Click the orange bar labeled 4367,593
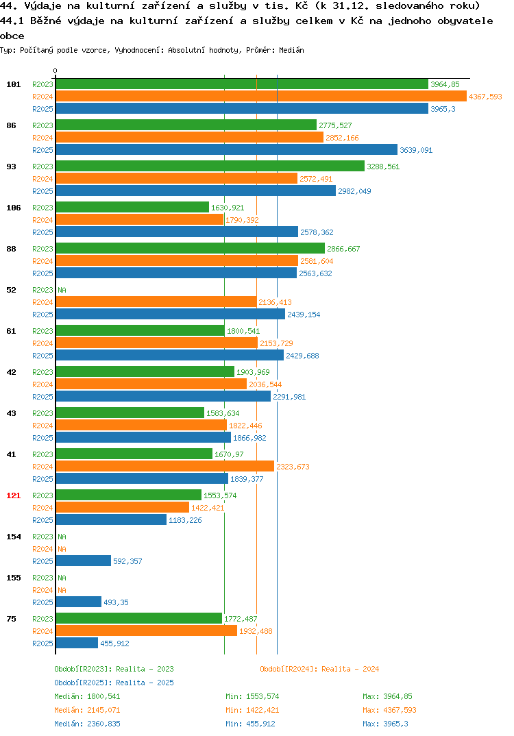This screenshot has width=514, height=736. (x=262, y=96)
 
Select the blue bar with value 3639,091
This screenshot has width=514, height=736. (x=227, y=149)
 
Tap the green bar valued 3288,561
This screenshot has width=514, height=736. (x=210, y=166)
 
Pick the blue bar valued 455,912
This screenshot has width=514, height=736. (x=77, y=643)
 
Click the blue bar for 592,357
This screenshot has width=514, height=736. (x=84, y=561)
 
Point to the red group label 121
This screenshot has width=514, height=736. (x=14, y=495)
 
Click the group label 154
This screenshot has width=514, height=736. (x=14, y=537)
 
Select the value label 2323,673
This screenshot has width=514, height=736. (x=293, y=467)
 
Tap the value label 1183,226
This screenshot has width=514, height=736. (x=186, y=520)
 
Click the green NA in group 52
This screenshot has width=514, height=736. (x=62, y=290)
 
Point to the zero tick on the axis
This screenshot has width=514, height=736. (x=56, y=71)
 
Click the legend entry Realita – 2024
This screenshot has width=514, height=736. (x=319, y=669)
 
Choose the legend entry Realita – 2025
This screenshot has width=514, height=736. (x=114, y=683)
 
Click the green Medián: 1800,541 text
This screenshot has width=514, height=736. (x=87, y=696)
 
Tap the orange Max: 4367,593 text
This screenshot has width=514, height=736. (x=389, y=710)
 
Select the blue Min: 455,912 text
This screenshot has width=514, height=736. (x=250, y=724)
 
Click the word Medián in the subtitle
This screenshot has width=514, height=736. (x=291, y=50)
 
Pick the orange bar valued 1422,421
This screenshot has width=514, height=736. (x=123, y=507)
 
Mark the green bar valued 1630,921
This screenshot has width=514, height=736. (x=132, y=207)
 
